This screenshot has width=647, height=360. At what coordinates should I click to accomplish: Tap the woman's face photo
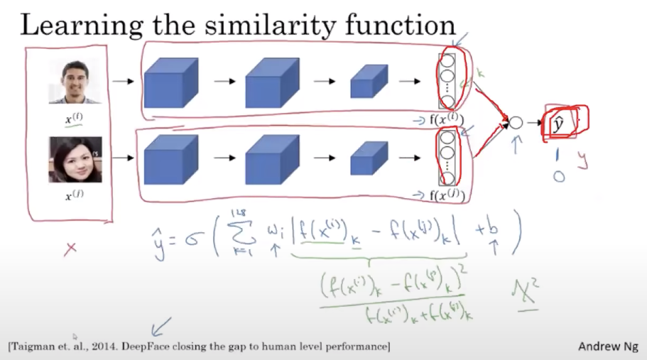75,160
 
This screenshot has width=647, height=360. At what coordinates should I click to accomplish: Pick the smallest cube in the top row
369,81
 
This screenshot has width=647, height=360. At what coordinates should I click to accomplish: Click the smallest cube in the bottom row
369,158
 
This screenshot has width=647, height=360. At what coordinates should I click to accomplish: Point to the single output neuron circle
516,123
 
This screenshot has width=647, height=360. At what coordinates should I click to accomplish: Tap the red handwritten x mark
70,249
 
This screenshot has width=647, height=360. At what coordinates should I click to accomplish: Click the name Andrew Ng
607,347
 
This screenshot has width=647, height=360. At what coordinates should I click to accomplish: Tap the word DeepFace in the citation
165,347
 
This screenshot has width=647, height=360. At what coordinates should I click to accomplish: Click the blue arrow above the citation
161,326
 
